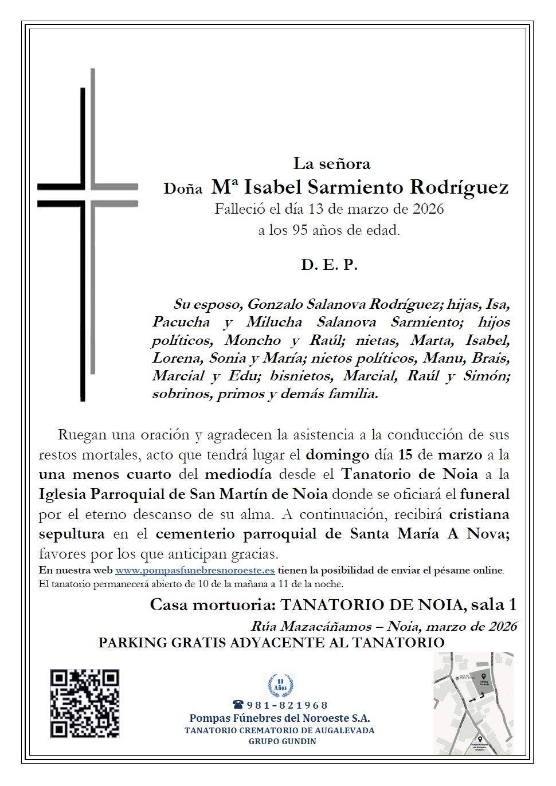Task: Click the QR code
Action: pos(85,703)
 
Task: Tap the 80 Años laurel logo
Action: pos(280,685)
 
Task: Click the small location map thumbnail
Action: pos(473,703)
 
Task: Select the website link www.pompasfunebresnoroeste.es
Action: pos(195,571)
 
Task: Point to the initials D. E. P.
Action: pos(329,265)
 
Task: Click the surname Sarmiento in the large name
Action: pos(356,187)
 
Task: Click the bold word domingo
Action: pos(336,455)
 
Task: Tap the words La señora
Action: pos(332,164)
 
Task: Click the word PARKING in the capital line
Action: pos(132,643)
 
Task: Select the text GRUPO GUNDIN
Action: pos(282,741)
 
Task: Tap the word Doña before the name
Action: pos(183,188)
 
